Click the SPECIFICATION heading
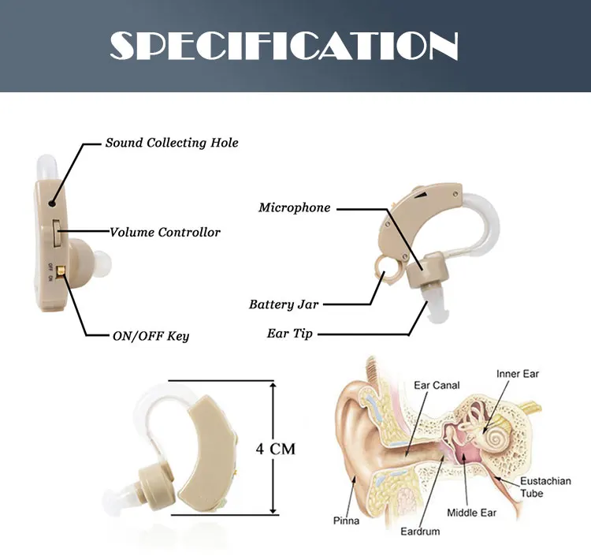tap(284, 47)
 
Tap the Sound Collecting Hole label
tap(172, 143)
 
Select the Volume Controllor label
tap(165, 233)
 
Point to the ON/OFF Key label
tap(151, 336)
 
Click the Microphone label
tap(295, 208)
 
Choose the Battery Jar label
tap(284, 304)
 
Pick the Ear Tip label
tap(290, 334)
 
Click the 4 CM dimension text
tap(276, 449)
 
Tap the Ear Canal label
tap(437, 386)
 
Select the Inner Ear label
tap(518, 373)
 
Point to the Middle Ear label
tap(472, 513)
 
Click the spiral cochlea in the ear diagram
tap(496, 434)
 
